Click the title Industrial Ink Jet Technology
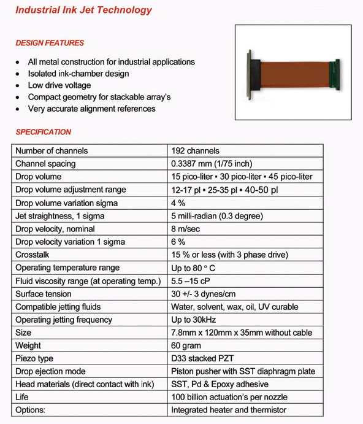83,10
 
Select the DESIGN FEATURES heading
50,43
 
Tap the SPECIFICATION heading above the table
44,132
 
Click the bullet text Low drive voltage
59,85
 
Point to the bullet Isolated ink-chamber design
78,74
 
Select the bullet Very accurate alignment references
92,109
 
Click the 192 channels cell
195,151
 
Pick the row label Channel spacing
46,164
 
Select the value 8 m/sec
186,229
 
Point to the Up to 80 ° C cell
197,268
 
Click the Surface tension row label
43,294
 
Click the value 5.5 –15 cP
194,281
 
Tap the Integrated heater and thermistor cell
229,411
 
